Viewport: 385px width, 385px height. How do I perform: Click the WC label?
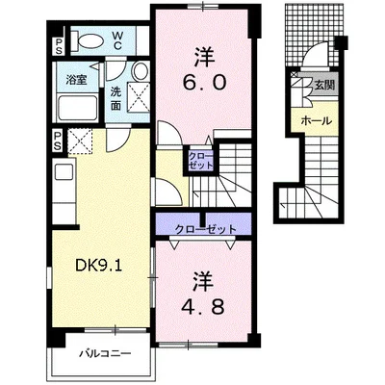[x=116, y=40]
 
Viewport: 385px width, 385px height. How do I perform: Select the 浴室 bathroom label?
[x=76, y=80]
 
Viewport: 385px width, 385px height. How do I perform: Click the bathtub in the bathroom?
[x=77, y=108]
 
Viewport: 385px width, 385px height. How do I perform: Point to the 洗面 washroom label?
[x=115, y=99]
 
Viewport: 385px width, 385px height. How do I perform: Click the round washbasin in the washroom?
[x=141, y=71]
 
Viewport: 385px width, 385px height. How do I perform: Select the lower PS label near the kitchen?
[x=58, y=141]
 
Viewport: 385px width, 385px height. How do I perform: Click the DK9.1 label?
[x=98, y=266]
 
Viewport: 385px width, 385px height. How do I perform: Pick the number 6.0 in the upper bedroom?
[x=204, y=83]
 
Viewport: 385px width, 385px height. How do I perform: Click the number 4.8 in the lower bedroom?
[x=202, y=307]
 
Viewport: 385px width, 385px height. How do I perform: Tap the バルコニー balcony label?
[x=105, y=354]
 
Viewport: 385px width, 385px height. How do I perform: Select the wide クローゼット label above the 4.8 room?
[x=205, y=229]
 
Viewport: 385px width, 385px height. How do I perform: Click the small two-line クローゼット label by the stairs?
[x=200, y=161]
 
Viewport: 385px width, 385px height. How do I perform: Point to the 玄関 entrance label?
[x=324, y=85]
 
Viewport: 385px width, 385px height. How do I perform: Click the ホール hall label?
[x=316, y=121]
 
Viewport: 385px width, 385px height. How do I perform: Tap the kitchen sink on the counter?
[x=64, y=172]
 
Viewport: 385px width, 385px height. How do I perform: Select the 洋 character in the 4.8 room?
[x=203, y=281]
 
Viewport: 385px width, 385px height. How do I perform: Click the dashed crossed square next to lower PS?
[x=80, y=141]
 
